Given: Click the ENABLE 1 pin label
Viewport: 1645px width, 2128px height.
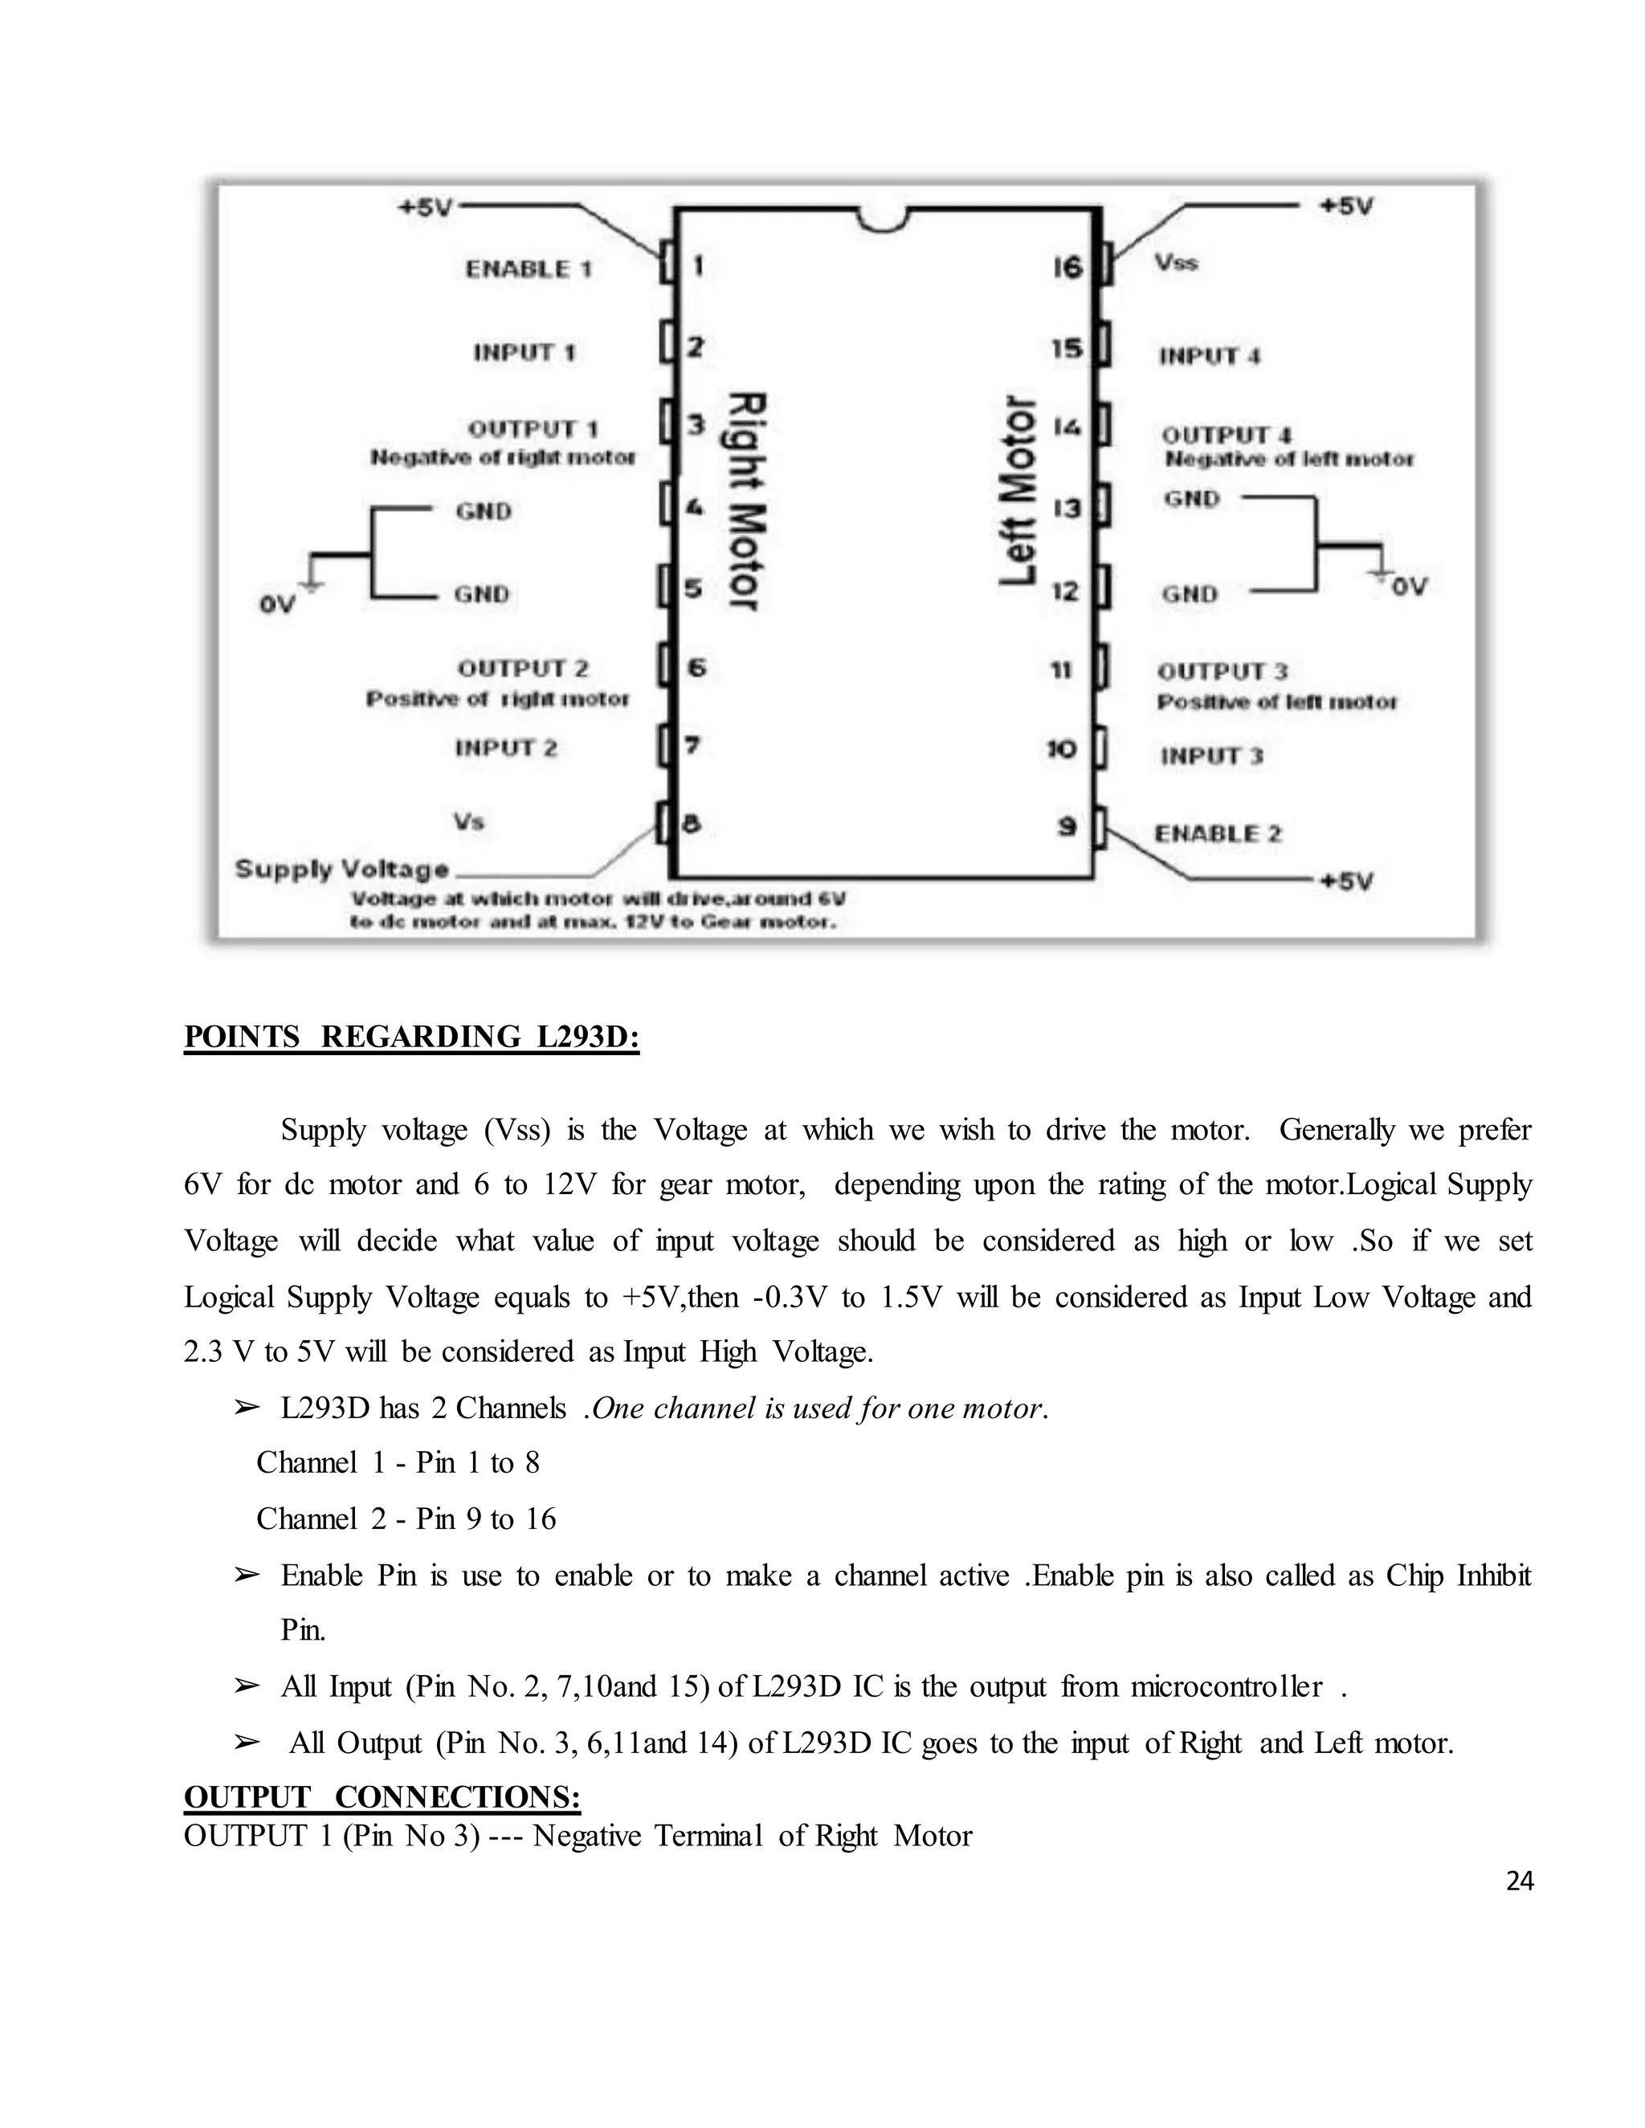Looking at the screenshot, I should coord(529,269).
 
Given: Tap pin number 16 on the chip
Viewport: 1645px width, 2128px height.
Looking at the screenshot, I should coord(1067,266).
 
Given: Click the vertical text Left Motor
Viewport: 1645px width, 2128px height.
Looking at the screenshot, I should coord(1019,491).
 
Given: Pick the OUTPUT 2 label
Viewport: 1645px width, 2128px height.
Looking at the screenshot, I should coord(524,668).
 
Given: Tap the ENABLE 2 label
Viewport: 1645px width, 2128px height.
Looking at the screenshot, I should coord(1218,834).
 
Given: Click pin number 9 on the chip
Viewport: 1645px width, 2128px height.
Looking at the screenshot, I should coord(1067,826).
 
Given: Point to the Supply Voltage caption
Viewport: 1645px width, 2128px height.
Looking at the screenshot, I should coord(342,869).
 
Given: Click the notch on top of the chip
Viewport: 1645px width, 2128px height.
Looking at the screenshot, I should coord(884,219).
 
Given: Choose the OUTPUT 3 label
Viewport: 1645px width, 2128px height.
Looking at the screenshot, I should coord(1222,671).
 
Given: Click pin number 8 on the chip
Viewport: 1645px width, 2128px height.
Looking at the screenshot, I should coord(691,825).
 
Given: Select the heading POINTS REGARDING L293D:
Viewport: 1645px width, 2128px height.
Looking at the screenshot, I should coord(411,1037).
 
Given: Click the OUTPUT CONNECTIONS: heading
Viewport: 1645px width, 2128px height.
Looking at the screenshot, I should coord(382,1796).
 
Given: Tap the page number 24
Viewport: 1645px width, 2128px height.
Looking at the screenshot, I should coord(1519,1881).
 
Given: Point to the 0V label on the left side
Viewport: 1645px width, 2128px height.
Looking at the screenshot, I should coord(277,605).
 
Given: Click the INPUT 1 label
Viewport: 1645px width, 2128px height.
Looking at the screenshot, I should coord(525,353).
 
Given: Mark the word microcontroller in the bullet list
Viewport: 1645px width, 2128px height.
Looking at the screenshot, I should coord(1226,1686).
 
